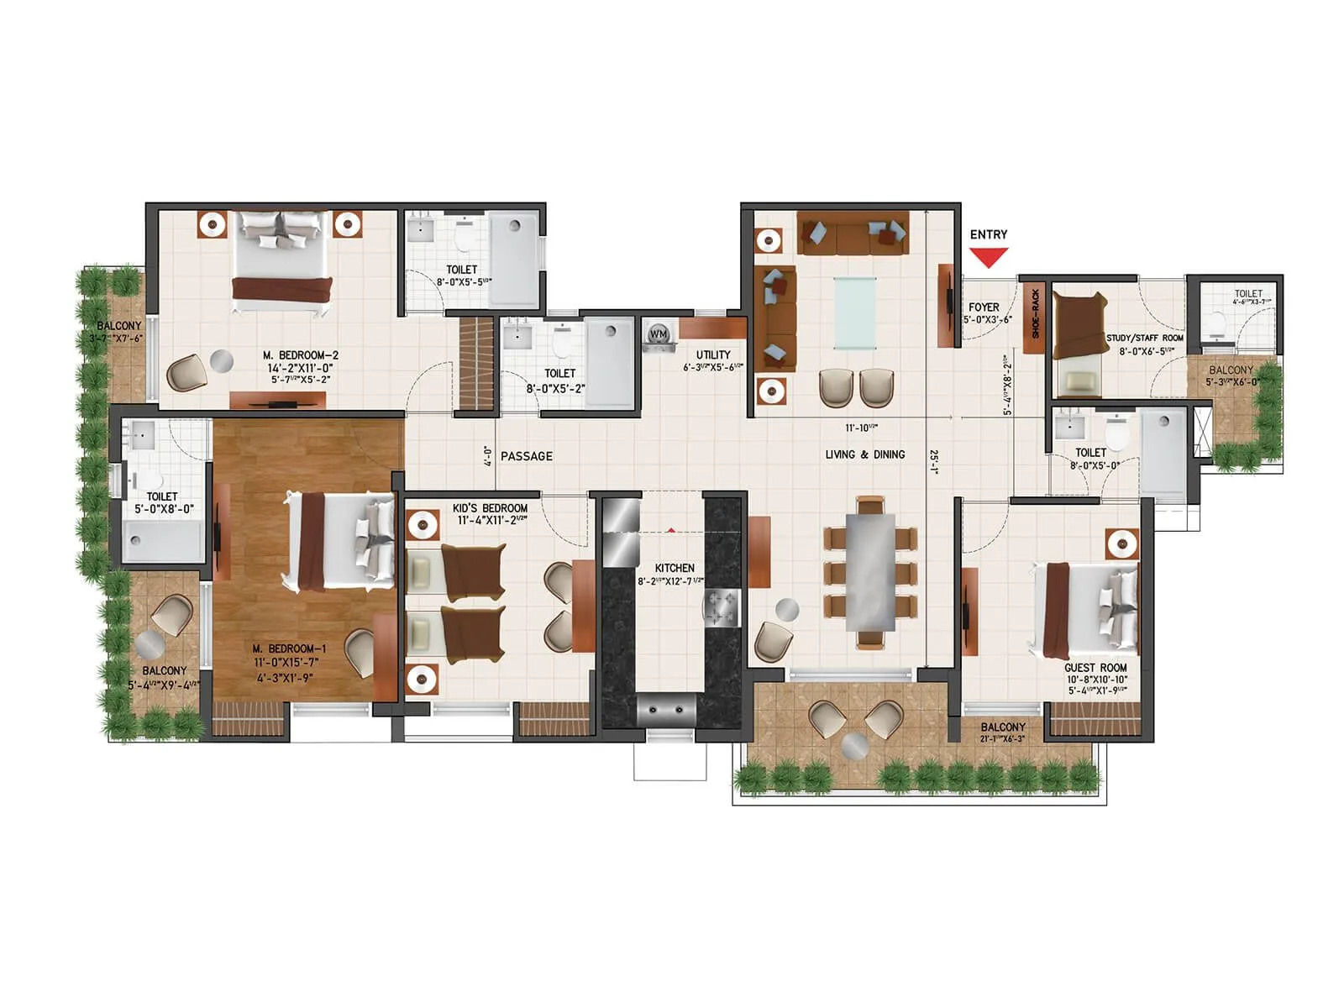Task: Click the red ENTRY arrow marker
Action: (989, 258)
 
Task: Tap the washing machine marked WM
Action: (659, 335)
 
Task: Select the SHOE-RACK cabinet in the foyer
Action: (1035, 312)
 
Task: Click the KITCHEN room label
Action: (675, 569)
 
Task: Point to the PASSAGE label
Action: (527, 456)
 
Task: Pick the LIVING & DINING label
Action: (865, 454)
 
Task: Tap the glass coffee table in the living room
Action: (855, 312)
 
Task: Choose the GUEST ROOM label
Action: (1095, 668)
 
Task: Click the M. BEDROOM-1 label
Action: (290, 648)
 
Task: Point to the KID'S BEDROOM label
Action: (490, 508)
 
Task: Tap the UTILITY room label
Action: (713, 354)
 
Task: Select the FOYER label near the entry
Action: (984, 307)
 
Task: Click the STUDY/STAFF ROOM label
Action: (1145, 338)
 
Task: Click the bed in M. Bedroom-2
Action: (280, 261)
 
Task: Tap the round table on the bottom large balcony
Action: (855, 743)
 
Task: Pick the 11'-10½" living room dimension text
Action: (861, 428)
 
